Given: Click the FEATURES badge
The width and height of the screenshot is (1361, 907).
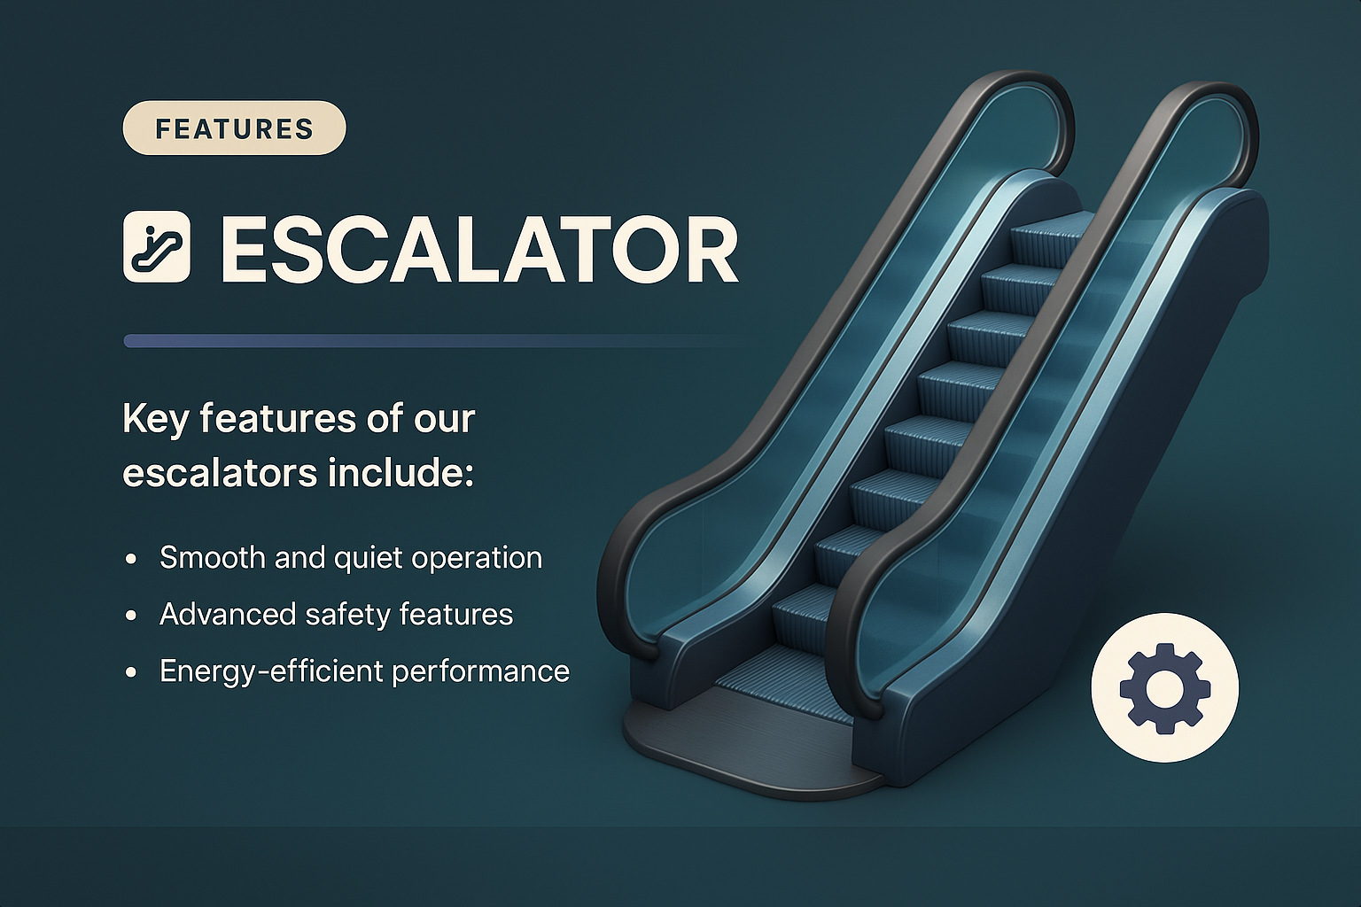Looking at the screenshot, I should click(234, 128).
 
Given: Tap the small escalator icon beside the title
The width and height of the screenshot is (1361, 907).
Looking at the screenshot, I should click(157, 247).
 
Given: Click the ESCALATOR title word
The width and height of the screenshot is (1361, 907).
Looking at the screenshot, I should click(478, 249).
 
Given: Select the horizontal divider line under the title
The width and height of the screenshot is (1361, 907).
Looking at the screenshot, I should click(408, 341).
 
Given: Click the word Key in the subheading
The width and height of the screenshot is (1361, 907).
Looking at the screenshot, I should click(155, 419).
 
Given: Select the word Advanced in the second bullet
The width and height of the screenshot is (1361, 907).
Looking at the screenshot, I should click(226, 615).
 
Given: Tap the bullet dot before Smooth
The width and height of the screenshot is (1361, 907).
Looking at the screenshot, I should click(132, 560).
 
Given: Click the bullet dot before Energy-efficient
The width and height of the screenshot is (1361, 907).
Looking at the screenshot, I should click(132, 673).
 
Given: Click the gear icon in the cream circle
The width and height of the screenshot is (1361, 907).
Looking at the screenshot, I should click(1164, 687).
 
